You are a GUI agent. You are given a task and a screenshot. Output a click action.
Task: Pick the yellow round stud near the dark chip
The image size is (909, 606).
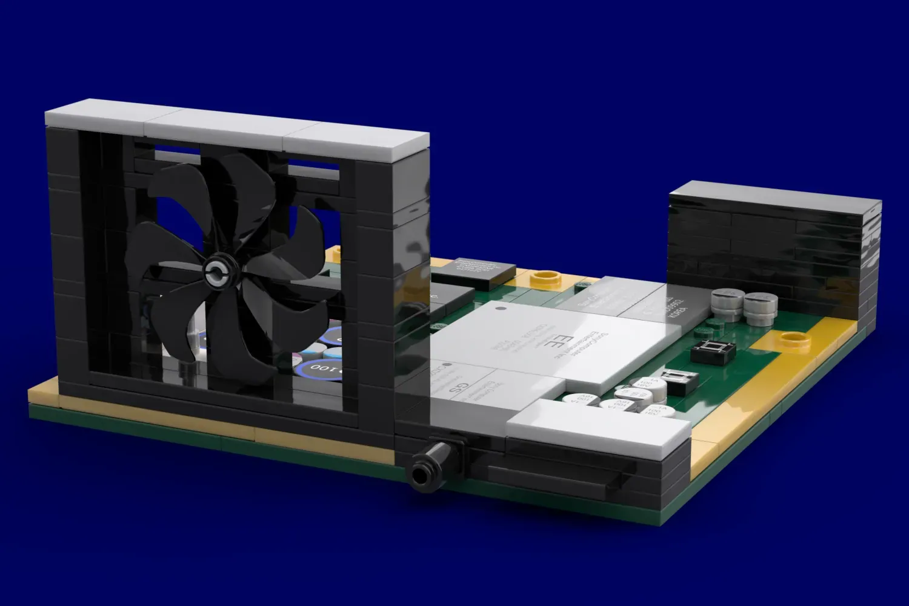point(545,279)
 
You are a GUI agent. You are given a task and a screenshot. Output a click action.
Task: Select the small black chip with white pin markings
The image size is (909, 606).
point(713,351)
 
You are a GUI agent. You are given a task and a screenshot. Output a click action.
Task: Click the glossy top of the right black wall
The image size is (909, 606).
point(776,200)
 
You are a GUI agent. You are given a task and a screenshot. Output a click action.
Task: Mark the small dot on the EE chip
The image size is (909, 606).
point(500,309)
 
